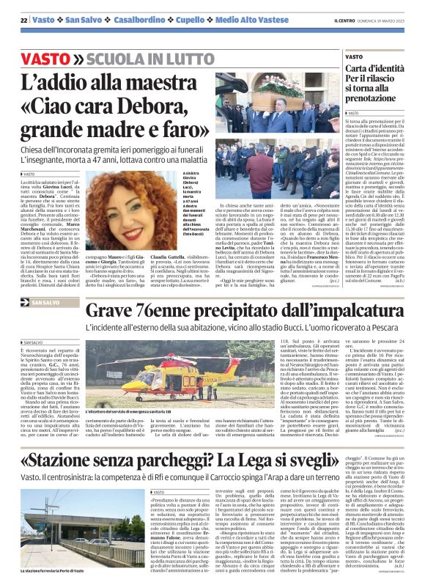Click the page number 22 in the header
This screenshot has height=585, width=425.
pyautogui.click(x=23, y=20)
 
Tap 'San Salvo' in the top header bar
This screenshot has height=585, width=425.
pyautogui.click(x=84, y=20)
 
